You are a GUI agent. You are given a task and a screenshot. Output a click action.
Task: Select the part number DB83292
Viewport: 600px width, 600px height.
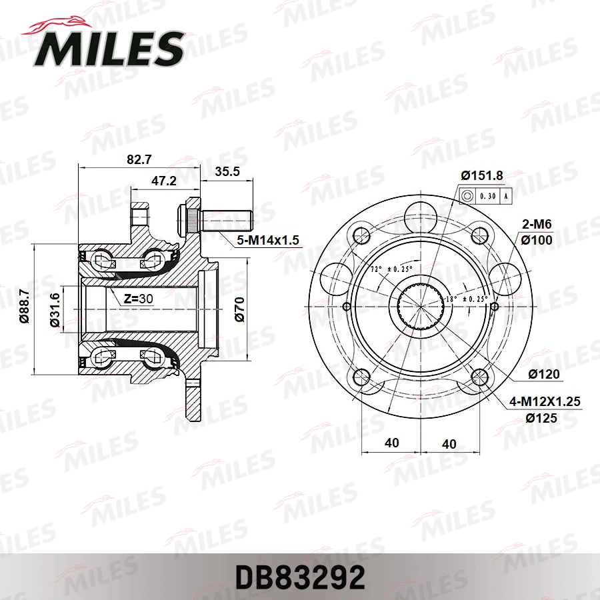300,577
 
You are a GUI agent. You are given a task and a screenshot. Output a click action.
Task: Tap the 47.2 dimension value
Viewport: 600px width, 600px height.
164,181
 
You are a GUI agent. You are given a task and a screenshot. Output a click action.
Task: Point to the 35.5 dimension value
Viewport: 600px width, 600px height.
227,171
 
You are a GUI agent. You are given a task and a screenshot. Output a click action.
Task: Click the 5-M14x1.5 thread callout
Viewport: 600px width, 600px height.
268,240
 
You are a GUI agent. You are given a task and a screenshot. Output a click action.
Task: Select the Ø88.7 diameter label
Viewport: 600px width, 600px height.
24,306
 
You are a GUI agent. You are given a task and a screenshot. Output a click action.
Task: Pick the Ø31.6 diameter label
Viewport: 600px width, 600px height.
55,310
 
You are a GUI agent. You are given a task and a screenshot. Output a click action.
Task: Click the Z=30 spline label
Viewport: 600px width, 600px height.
139,298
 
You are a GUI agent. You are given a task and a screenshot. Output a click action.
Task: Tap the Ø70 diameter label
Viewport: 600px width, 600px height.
240,309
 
